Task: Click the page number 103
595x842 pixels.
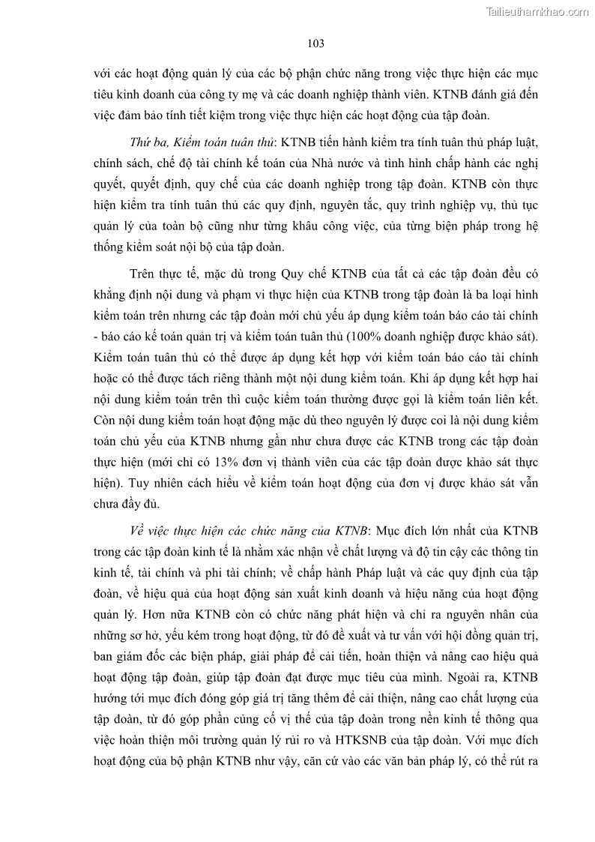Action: pos(315,43)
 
